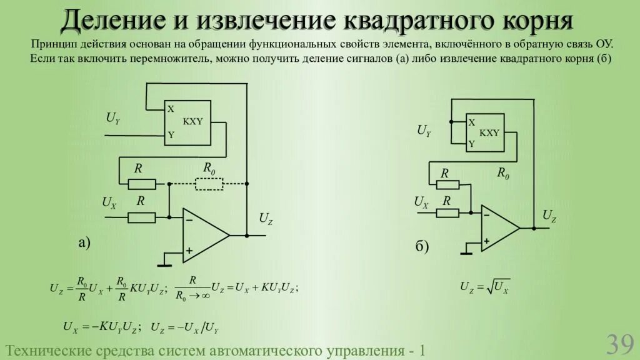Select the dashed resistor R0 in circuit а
(x=209, y=184)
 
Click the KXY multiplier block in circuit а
(x=187, y=122)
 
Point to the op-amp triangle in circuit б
(x=498, y=228)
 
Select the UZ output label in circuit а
(x=266, y=219)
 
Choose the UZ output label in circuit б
(x=549, y=216)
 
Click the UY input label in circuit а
(x=113, y=117)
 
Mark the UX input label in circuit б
(x=421, y=202)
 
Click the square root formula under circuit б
(x=485, y=287)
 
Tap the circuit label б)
(x=422, y=247)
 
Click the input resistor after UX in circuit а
(x=142, y=217)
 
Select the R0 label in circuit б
(x=503, y=173)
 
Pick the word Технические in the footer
(x=47, y=350)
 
